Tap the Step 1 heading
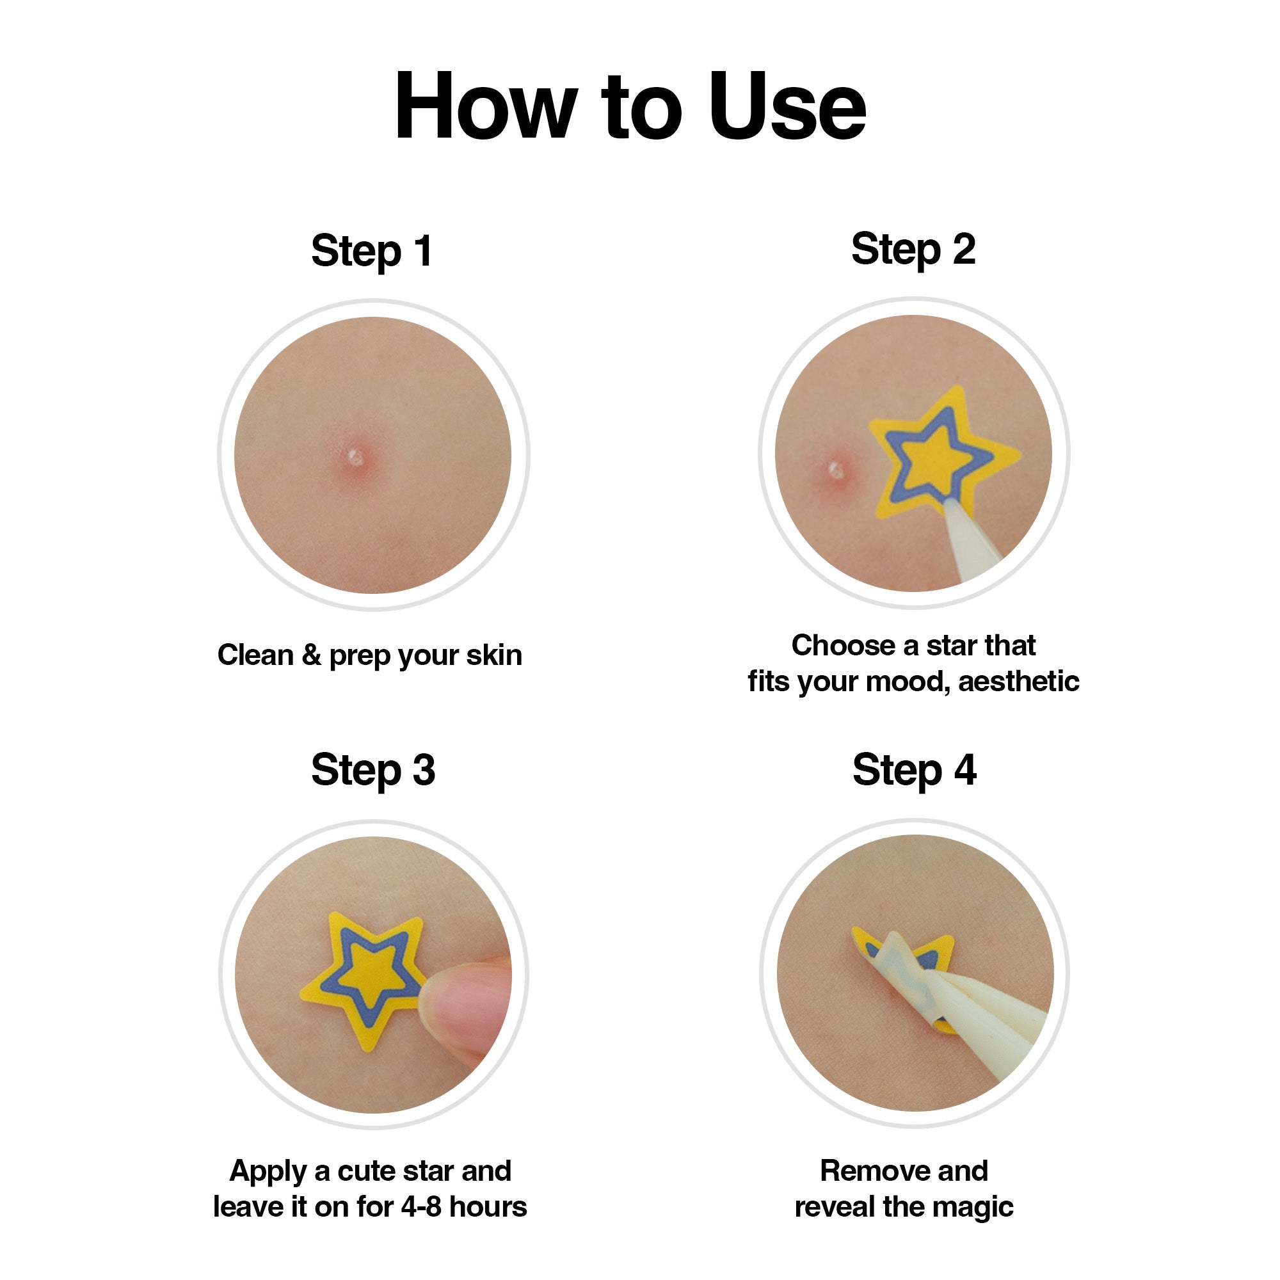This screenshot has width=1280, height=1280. coord(372,251)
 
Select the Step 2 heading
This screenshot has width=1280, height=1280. coord(913,249)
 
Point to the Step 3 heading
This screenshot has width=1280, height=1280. coord(373,770)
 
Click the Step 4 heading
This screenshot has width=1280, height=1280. coord(915,770)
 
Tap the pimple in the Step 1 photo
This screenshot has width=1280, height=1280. coord(356,457)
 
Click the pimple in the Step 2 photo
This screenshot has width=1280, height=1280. coord(836,470)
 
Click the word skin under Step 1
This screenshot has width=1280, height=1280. coord(493,655)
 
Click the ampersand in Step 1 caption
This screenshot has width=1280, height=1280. coord(312,655)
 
